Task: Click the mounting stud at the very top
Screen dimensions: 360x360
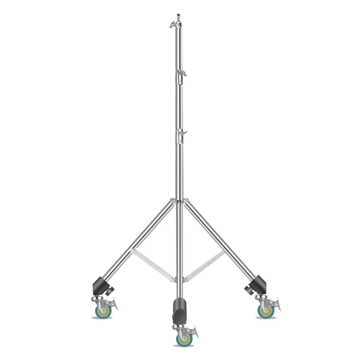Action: click(x=178, y=17)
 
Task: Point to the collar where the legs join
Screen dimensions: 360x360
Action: click(x=179, y=201)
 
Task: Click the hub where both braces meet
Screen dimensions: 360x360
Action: click(x=179, y=279)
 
